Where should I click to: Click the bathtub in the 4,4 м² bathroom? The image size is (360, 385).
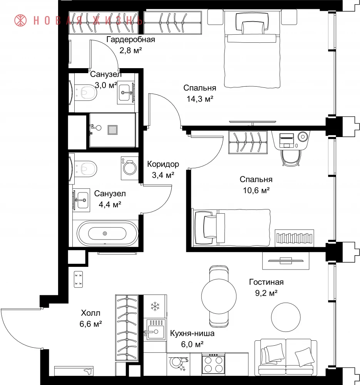point(107,233)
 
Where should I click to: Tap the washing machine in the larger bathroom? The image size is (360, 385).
point(130,168)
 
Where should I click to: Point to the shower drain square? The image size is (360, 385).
point(112,130)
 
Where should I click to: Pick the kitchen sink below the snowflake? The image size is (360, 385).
point(155,330)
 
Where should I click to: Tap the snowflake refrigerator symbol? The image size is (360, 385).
point(155,306)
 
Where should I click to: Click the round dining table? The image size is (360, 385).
point(219,296)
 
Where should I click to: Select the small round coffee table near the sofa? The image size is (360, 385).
point(286,317)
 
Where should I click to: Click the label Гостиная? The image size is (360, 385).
point(266,282)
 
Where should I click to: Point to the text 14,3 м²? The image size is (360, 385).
point(200,99)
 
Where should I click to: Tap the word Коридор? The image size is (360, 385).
point(163,164)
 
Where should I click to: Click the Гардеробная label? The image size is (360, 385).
point(131,40)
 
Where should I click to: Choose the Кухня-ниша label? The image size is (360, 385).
point(192,333)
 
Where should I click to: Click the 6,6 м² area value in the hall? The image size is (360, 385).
point(90,324)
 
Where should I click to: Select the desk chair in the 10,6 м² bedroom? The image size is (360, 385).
point(291,157)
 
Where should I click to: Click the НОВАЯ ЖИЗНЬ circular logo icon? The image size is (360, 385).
point(20,20)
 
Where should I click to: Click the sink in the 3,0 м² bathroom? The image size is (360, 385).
point(126,92)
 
